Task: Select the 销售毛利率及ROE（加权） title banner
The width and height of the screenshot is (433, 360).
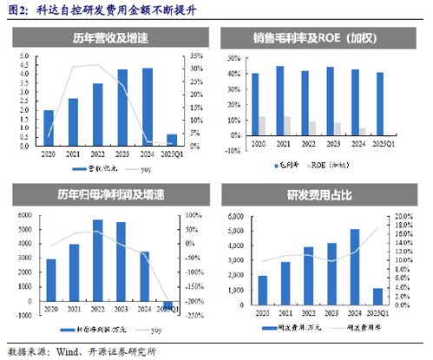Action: coord(322,37)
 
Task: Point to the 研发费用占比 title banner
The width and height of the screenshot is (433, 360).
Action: coord(322,193)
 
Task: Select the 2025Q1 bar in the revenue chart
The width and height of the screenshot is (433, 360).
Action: coord(172,140)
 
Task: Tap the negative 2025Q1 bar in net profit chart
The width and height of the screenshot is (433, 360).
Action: coord(168,304)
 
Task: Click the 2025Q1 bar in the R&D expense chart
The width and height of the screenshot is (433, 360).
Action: coord(378,296)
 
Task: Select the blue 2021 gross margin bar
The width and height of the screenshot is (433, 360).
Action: coord(279,101)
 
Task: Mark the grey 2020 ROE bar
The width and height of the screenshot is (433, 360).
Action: coord(262,126)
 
